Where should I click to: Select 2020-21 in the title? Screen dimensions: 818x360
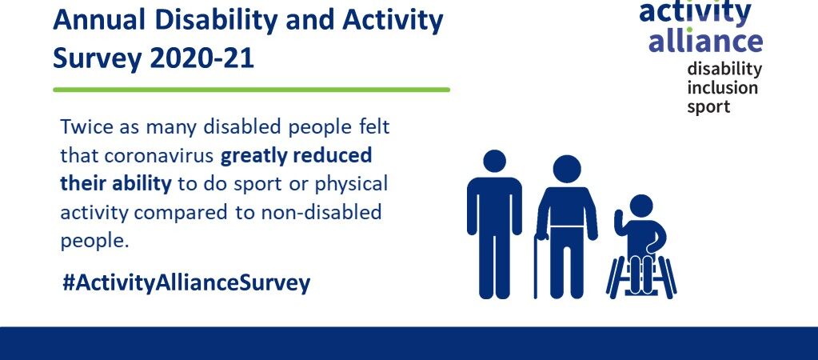click(202, 58)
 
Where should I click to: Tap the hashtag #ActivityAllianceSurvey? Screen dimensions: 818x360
click(186, 283)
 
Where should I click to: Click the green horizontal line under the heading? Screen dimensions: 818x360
click(251, 90)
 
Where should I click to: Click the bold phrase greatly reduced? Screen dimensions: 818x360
click(297, 156)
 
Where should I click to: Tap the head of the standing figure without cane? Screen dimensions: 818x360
click(494, 162)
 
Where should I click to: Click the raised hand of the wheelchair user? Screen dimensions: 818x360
click(619, 218)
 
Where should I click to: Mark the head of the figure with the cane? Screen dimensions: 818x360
click(567, 169)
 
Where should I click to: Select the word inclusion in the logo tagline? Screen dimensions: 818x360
click(722, 88)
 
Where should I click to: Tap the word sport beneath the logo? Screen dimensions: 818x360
click(708, 107)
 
